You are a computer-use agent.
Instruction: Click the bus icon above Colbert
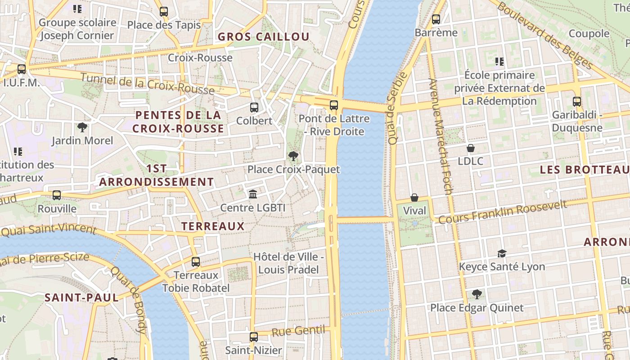pos(254,108)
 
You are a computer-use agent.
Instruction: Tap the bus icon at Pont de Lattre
pos(333,106)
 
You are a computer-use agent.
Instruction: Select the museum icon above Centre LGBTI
pos(253,194)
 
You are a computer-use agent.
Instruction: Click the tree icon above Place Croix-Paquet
pos(293,156)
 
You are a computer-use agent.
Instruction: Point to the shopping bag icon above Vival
pos(414,198)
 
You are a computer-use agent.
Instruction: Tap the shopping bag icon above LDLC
pos(471,148)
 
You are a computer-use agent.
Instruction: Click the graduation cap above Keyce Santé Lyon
pos(502,254)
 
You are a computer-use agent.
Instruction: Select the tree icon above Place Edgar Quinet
pos(477,295)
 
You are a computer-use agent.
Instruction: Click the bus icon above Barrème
pos(436,19)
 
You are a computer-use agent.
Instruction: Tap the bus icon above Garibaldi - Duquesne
pos(577,102)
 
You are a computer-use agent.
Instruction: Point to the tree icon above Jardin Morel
pos(82,127)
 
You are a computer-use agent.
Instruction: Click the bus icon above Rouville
pos(57,195)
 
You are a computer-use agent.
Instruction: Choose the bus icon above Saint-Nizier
pos(254,337)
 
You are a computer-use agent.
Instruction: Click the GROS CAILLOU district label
pos(264,37)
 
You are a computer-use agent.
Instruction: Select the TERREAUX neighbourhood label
pos(213,226)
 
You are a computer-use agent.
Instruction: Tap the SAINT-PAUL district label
pos(81,297)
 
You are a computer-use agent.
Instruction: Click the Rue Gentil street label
pos(298,331)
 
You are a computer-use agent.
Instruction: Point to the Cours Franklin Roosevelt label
pos(502,212)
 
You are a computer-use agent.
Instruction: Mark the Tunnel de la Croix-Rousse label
pos(147,84)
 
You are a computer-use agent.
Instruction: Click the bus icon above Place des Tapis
pos(164,12)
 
